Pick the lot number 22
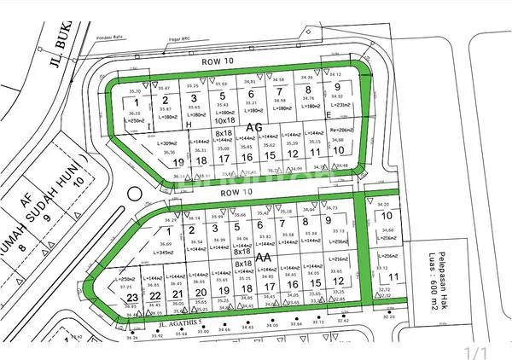(154, 295)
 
